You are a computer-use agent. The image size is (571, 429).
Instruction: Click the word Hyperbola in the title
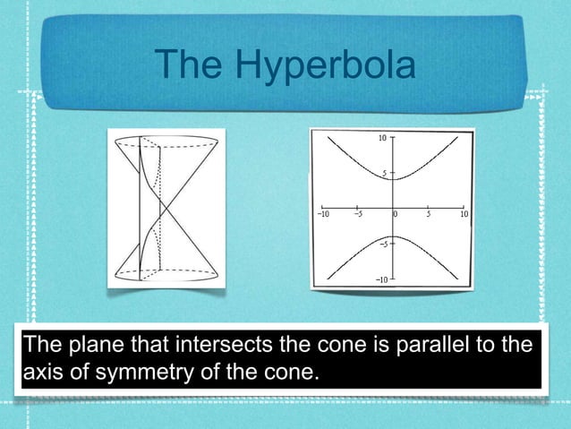(x=324, y=65)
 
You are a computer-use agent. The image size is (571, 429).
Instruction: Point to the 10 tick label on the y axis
(x=380, y=139)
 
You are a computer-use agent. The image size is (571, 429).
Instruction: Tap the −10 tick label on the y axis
(x=380, y=280)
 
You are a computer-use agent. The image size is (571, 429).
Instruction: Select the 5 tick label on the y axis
(x=383, y=174)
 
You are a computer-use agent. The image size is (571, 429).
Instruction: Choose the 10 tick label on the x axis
(x=464, y=215)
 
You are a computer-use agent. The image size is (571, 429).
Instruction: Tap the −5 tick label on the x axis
(x=356, y=215)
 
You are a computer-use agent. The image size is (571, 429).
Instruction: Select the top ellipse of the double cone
(x=166, y=141)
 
